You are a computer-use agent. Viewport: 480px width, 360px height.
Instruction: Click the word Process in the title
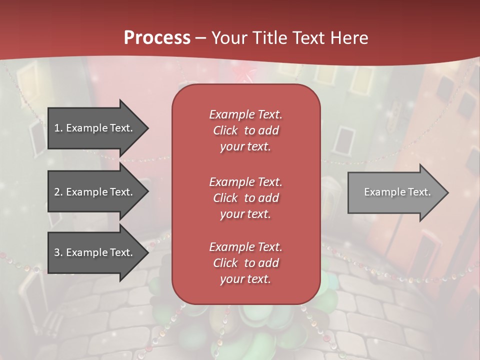point(157,38)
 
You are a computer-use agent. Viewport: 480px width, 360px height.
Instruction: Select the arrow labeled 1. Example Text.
point(95,128)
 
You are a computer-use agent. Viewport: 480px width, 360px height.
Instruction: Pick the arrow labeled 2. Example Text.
point(95,192)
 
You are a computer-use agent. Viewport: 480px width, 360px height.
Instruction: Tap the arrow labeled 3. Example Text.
point(95,252)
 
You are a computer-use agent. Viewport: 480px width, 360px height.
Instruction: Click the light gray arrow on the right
point(395,192)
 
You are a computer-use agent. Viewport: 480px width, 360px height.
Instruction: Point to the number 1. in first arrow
point(58,128)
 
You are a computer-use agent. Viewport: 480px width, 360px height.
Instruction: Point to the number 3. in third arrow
point(58,252)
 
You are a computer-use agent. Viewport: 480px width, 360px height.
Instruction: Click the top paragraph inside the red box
point(245,130)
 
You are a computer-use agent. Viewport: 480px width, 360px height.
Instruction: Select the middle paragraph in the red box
point(245,198)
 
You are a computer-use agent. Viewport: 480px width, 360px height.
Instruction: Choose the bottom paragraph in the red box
point(245,263)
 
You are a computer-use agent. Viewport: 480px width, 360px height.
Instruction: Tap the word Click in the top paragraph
point(225,130)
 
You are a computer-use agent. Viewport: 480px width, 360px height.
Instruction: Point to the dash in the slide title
point(201,38)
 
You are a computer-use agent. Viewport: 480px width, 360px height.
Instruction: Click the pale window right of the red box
point(343,139)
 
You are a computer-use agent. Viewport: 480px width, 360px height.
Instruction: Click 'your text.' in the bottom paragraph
point(245,279)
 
